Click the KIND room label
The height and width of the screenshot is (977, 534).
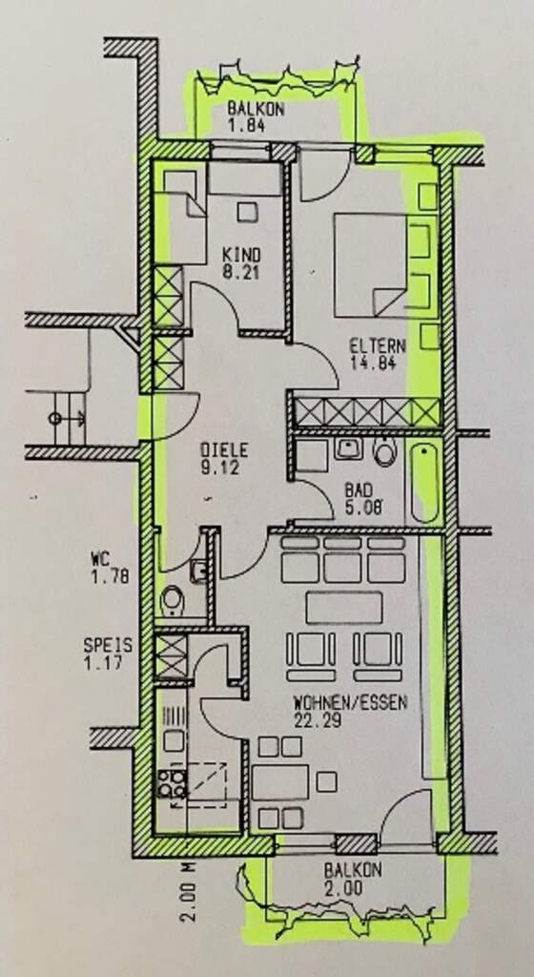(242, 256)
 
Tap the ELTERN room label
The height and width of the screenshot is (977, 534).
(378, 345)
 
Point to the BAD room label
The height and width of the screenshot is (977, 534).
(359, 489)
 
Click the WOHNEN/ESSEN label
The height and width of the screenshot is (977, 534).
(350, 703)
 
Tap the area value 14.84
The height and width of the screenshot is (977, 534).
(373, 363)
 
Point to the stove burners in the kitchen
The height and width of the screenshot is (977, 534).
(171, 784)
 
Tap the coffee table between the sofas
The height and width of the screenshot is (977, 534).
(344, 608)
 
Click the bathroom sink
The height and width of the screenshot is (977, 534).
(348, 448)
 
